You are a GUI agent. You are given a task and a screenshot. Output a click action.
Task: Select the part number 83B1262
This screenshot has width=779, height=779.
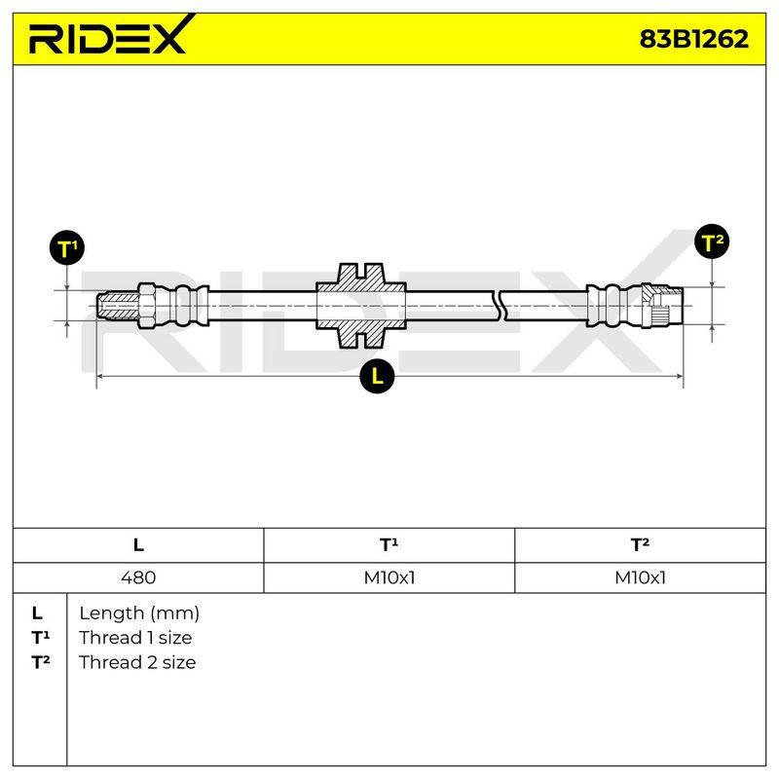pos(693,38)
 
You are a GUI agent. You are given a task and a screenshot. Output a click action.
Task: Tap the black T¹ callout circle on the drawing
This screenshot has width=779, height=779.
pos(67,247)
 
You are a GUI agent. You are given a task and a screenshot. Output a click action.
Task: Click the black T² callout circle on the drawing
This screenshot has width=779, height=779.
pos(712,241)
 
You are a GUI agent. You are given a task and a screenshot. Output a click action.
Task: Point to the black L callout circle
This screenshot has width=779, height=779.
pos(377,376)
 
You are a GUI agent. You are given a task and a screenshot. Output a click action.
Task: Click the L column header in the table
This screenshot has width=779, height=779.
pos(138,545)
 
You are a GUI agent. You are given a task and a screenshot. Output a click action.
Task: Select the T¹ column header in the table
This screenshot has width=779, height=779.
pos(389,545)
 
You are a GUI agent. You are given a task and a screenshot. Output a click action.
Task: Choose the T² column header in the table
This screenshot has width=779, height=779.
pos(640,545)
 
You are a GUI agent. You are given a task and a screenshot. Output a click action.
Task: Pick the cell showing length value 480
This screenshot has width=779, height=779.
pos(138,577)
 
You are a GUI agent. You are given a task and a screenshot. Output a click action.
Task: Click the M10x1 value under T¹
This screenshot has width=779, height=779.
pos(389,577)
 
